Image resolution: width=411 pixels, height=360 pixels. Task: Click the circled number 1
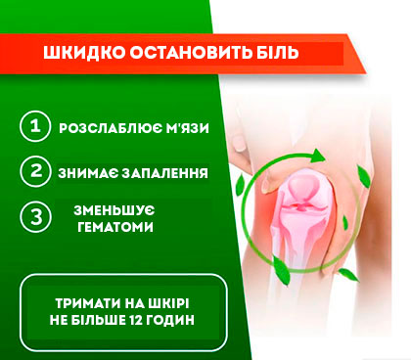(x=35, y=126)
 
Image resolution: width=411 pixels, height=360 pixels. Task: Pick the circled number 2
(x=35, y=171)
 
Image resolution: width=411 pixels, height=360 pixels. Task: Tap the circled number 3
(x=35, y=217)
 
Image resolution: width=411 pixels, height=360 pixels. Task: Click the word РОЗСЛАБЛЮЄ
(x=111, y=128)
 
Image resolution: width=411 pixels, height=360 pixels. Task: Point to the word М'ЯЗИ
(x=188, y=128)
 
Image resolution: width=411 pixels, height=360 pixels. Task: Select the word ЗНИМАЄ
(x=88, y=173)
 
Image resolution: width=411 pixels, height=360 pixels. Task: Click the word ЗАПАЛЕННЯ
(x=165, y=173)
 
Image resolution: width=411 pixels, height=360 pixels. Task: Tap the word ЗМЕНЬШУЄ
(x=114, y=210)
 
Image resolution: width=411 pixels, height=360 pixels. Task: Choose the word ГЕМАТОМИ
(x=115, y=227)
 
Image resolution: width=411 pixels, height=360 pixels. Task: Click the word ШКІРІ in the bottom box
(x=168, y=303)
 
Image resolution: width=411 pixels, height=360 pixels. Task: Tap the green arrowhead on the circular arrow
(x=318, y=156)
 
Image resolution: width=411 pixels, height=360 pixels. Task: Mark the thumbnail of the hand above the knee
(x=239, y=143)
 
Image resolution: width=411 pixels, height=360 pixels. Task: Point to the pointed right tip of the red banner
(x=366, y=72)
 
